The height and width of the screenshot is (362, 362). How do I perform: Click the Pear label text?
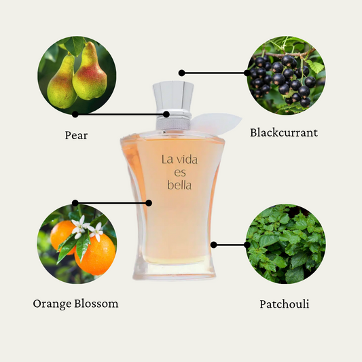click(76, 135)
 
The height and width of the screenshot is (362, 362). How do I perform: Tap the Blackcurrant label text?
click(284, 132)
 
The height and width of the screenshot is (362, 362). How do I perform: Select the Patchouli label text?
click(284, 304)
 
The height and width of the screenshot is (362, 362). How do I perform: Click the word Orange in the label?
click(52, 304)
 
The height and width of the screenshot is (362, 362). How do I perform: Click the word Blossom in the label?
click(96, 304)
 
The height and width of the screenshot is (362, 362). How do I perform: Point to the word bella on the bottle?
click(179, 185)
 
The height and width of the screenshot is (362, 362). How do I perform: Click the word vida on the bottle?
click(185, 160)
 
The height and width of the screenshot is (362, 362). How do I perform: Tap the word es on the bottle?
click(180, 173)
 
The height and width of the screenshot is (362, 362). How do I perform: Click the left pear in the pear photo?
click(61, 82)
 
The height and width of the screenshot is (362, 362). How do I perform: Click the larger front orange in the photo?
click(95, 255)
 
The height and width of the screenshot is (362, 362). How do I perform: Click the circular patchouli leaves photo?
click(286, 244)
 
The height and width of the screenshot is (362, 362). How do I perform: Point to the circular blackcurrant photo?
click(286, 75)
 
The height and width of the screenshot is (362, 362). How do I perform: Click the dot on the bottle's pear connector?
click(166, 114)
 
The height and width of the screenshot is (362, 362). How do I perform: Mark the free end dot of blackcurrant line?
click(182, 73)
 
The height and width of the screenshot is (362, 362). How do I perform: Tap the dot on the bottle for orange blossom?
click(149, 203)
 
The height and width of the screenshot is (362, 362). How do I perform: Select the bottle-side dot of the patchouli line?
click(213, 245)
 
